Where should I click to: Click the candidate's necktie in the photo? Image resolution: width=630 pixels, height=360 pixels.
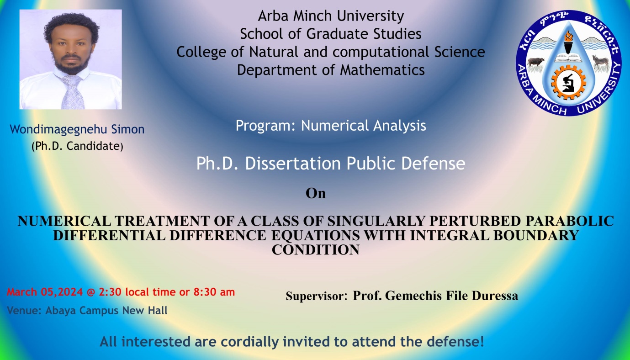[x=72, y=91]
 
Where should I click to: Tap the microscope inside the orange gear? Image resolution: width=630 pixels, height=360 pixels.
[x=568, y=82]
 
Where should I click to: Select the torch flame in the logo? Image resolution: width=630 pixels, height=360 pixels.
[x=568, y=36]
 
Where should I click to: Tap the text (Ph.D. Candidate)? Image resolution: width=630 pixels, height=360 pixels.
[x=77, y=146]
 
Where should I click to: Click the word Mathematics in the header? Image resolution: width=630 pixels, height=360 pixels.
[x=382, y=70]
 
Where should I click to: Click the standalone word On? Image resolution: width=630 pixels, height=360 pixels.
[x=316, y=194]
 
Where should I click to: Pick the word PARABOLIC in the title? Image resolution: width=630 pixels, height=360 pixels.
[x=570, y=221]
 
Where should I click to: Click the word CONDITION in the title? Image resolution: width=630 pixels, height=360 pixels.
[x=316, y=250]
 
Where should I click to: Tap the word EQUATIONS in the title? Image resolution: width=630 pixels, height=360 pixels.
[x=316, y=235]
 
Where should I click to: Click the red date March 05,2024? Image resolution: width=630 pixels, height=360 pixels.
[x=45, y=292]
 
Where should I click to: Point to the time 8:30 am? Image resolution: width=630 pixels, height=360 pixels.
[x=214, y=292]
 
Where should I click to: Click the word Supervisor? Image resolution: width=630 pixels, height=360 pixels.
[x=317, y=296]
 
